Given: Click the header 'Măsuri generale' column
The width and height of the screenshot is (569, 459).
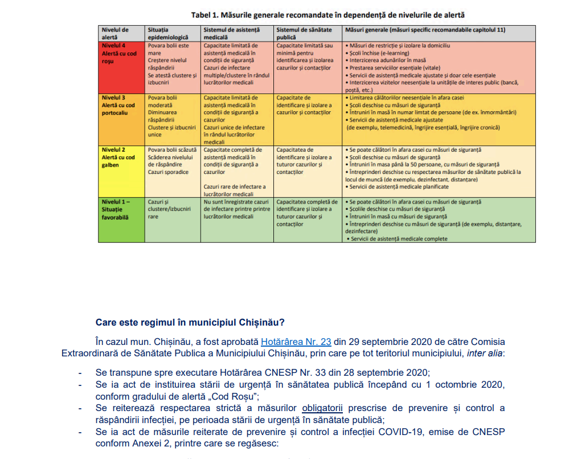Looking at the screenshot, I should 425,30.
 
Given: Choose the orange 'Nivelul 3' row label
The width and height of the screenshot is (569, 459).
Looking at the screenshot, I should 119,105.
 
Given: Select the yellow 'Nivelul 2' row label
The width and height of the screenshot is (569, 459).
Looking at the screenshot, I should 119,157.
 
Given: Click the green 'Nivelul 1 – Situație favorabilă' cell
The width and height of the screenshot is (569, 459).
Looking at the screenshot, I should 119,209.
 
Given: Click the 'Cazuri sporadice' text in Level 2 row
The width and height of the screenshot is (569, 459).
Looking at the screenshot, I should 168,172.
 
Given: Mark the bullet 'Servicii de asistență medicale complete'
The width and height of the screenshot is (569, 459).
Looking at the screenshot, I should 398,239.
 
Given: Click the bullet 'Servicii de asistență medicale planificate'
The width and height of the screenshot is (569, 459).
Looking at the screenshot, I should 399,187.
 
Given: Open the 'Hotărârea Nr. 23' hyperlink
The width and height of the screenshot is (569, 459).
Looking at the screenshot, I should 296,342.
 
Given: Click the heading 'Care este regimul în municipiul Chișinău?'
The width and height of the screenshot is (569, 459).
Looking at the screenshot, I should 190,322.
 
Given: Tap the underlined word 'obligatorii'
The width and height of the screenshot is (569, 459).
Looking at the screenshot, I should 322,408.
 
